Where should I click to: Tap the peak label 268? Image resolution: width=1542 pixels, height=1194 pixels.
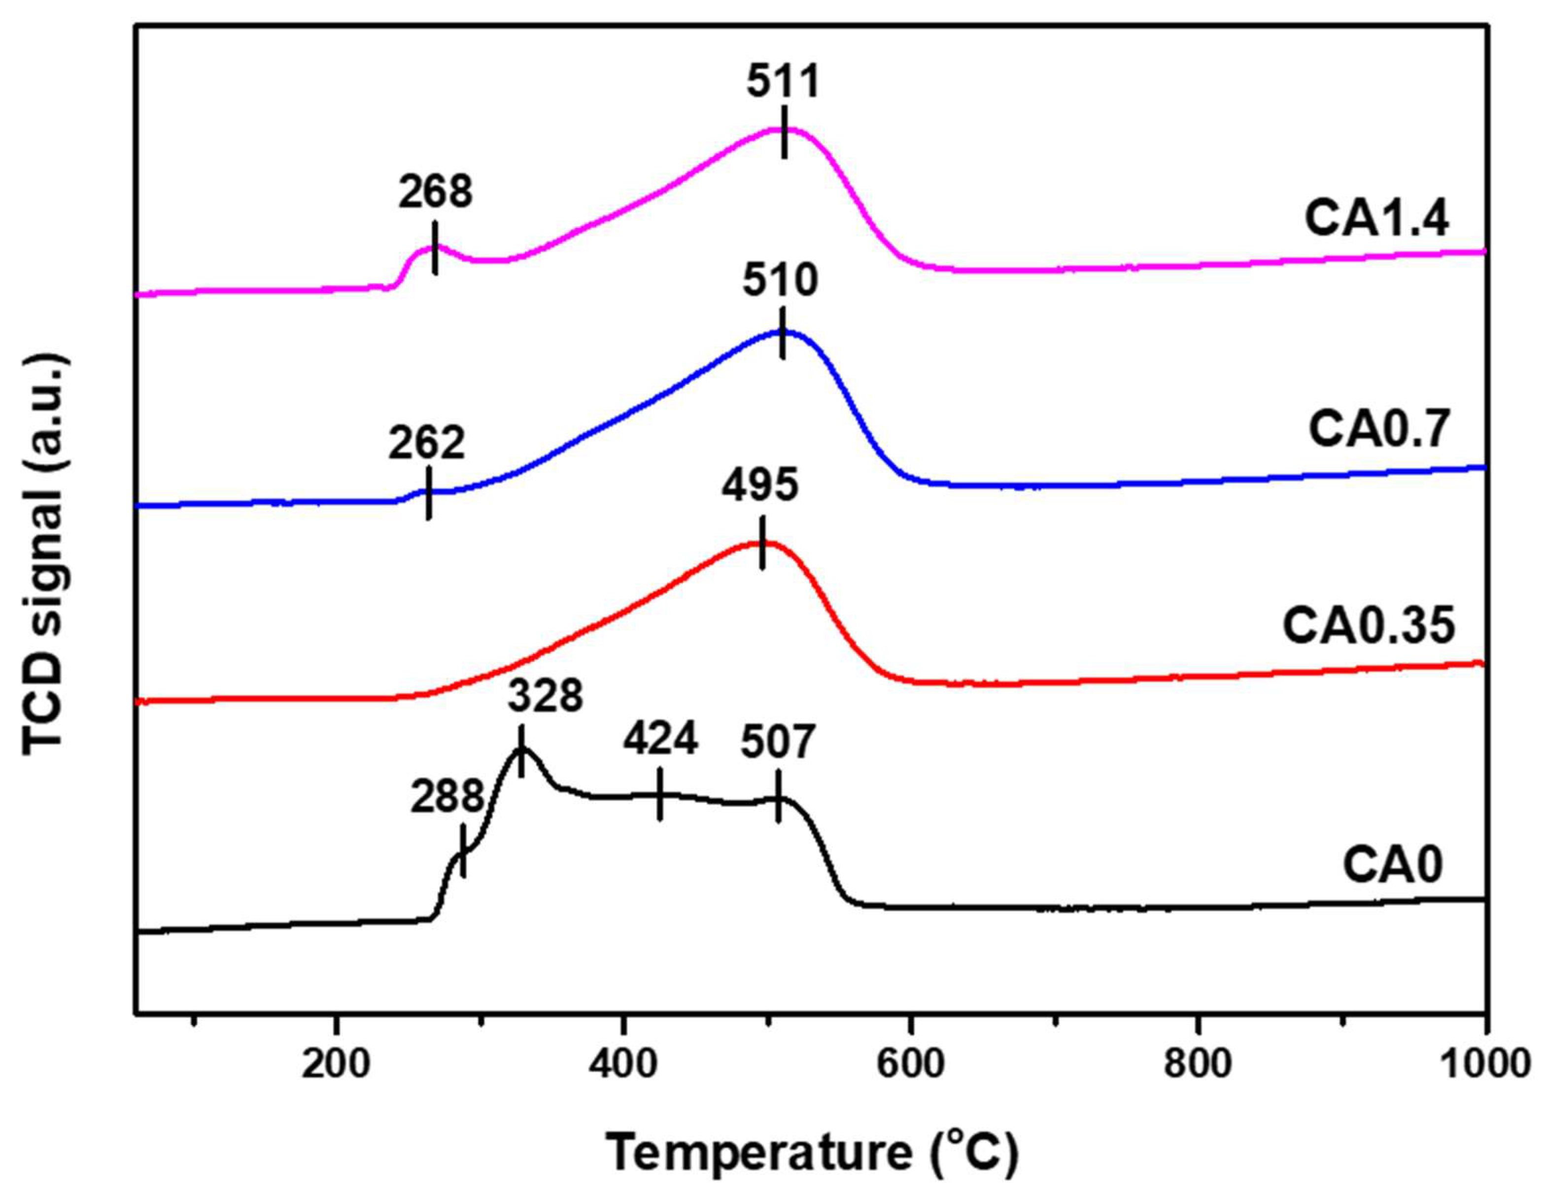[435, 192]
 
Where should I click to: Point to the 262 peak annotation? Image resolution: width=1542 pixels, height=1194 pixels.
[426, 443]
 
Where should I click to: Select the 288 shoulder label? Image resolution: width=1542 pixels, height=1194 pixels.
[447, 797]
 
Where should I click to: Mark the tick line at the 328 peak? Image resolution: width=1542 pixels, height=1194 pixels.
[521, 751]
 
